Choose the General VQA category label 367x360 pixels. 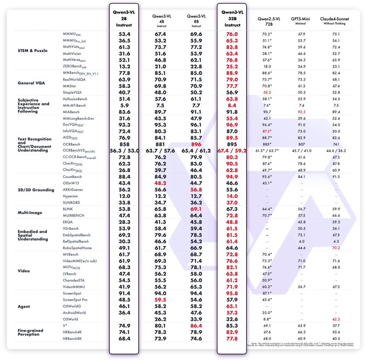pos(31,83)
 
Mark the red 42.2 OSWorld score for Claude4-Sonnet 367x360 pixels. pos(336,318)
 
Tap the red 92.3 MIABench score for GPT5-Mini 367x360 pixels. pos(301,112)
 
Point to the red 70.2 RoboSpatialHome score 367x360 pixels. pos(336,248)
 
